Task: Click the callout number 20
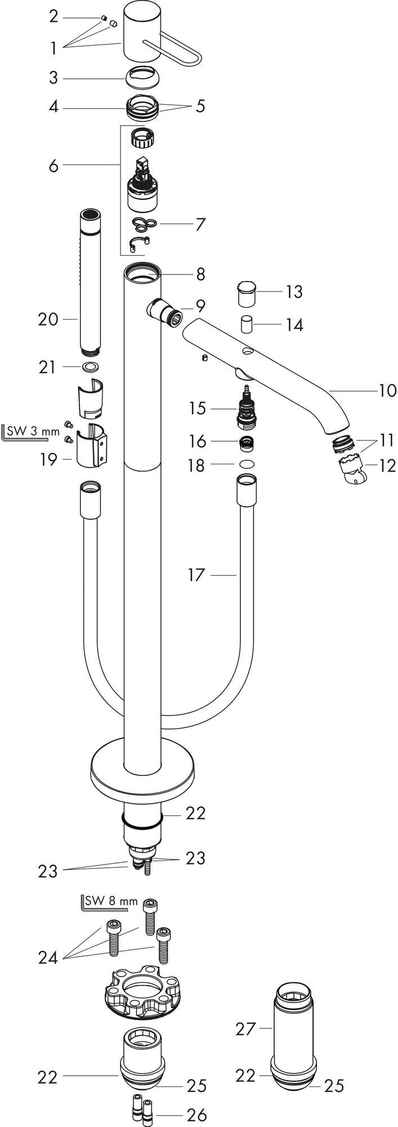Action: [48, 320]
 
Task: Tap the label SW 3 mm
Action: [33, 432]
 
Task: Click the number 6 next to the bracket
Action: [53, 166]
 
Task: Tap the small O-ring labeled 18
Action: [245, 465]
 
